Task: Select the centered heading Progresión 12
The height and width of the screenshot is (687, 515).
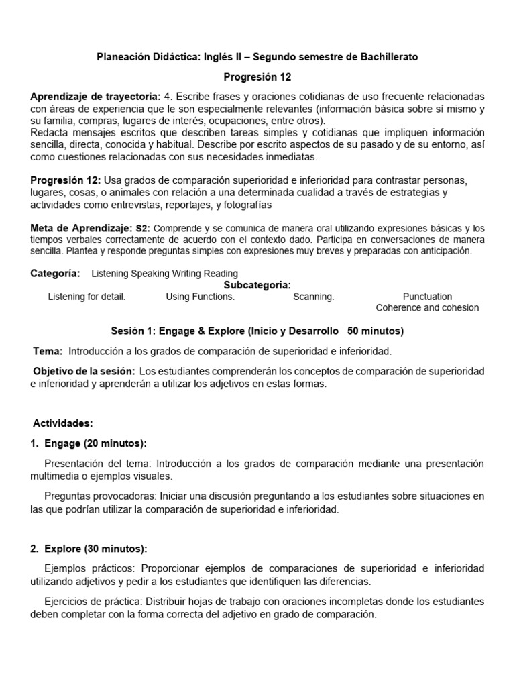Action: pos(257,77)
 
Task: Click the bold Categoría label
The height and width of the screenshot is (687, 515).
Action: pos(55,274)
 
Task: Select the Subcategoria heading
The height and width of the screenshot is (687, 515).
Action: pos(257,285)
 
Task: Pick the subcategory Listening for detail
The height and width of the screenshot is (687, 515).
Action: pos(87,297)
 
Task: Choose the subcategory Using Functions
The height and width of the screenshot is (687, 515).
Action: pos(200,297)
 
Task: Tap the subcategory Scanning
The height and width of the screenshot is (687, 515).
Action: pos(313,297)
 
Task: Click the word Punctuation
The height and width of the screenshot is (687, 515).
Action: pos(427,297)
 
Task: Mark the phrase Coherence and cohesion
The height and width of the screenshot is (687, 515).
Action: pos(427,308)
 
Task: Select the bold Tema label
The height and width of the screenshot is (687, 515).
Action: pos(48,351)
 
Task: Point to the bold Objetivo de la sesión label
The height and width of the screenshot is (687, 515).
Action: pos(84,372)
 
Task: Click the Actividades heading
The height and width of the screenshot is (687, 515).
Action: pos(63,423)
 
